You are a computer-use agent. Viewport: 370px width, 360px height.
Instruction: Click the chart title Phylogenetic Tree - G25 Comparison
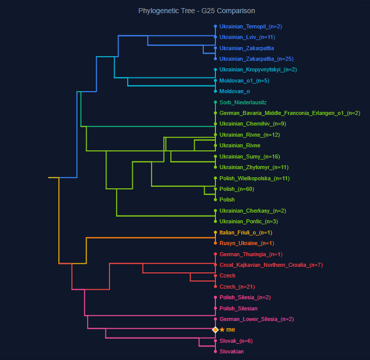[x=196, y=11]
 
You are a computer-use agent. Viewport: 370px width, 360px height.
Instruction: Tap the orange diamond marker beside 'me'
[x=215, y=330]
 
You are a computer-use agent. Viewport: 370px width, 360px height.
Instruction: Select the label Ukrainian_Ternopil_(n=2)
[x=250, y=26]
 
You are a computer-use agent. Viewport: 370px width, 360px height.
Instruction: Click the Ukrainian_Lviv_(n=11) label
[x=247, y=37]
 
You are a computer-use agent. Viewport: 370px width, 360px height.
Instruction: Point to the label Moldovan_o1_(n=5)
[x=244, y=81]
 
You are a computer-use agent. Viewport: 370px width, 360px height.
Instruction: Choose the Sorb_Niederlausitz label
[x=243, y=102]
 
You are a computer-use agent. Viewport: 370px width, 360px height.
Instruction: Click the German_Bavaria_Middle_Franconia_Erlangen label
[x=289, y=113]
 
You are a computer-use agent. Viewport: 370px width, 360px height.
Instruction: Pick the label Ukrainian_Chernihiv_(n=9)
[x=252, y=124]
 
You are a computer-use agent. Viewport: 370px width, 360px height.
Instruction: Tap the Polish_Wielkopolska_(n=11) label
[x=254, y=178]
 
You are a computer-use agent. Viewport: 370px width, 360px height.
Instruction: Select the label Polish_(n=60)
[x=237, y=189]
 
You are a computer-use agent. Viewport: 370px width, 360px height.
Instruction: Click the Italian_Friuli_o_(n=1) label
[x=246, y=232]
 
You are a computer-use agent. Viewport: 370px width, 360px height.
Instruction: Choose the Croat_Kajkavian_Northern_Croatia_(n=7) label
[x=271, y=265]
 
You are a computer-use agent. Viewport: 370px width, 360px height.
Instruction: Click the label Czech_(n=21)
[x=237, y=287]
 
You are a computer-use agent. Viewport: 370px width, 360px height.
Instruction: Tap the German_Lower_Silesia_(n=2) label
[x=256, y=319]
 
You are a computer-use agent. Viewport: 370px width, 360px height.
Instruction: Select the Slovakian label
[x=231, y=351]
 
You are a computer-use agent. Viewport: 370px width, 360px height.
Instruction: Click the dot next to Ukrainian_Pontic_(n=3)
[x=215, y=221]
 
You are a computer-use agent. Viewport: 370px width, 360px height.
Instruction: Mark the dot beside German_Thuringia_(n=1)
[x=215, y=254]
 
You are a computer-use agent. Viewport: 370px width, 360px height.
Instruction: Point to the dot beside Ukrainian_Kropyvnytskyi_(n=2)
[x=215, y=70]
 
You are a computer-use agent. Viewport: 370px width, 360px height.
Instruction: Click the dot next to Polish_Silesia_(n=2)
[x=215, y=297]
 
